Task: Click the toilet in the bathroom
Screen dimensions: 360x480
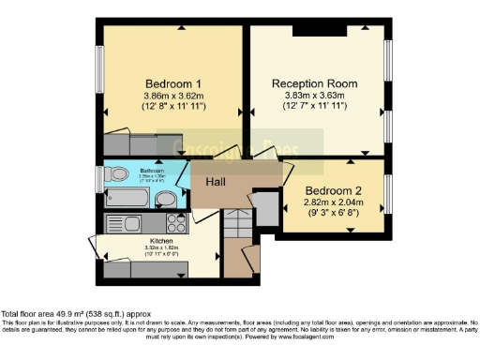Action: point(115,174)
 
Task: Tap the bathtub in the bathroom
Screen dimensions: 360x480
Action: point(128,199)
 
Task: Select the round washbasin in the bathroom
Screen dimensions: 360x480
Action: point(164,198)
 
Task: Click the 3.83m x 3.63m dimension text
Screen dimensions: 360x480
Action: point(316,95)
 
